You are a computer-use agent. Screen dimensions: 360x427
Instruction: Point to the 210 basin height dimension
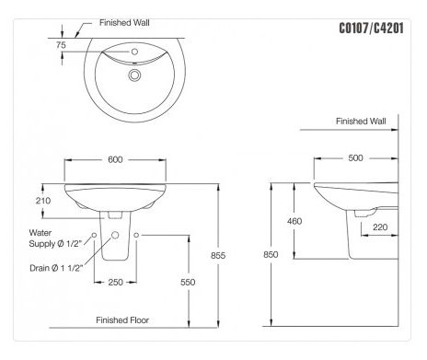point(41,201)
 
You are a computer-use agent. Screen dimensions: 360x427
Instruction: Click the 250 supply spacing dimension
point(115,282)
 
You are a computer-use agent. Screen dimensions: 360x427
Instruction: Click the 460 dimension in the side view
point(294,221)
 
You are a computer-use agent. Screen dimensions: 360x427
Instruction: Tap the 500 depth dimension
point(355,157)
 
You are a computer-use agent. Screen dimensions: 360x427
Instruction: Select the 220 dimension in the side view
point(380,227)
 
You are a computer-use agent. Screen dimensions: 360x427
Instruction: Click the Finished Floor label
point(122,320)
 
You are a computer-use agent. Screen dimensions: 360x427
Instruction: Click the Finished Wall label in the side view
point(361,121)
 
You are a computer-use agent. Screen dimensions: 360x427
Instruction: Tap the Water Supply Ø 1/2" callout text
point(54,238)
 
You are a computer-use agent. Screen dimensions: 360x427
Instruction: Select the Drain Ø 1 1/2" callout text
point(56,267)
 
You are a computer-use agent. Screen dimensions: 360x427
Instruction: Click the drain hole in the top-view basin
point(136,75)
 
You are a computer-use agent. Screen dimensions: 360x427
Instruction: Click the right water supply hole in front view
point(136,237)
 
